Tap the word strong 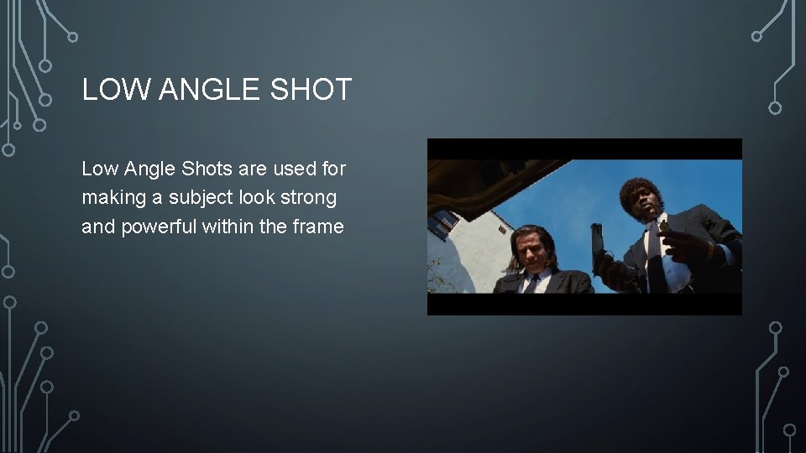(310, 198)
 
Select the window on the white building (443, 223)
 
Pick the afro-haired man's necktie (661, 252)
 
